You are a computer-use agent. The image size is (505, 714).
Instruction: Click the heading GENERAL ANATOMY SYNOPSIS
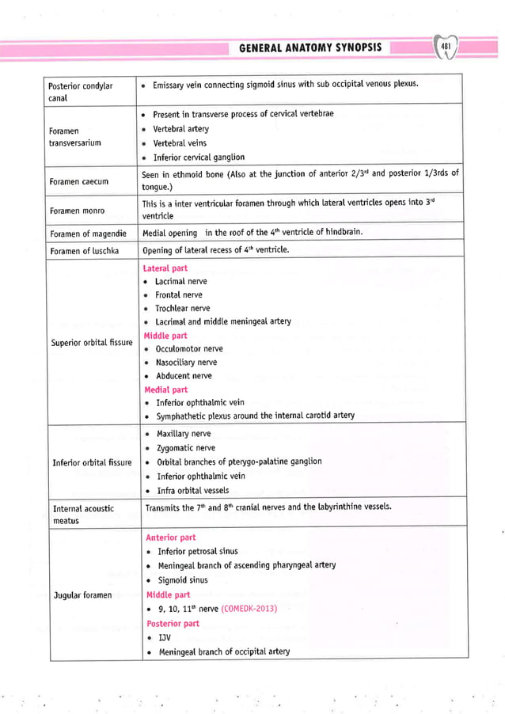click(x=310, y=47)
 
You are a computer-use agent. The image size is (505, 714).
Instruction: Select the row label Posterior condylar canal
click(x=81, y=92)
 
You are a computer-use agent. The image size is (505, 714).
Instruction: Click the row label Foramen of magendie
click(x=89, y=234)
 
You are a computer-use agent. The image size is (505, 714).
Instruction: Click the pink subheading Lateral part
click(x=166, y=268)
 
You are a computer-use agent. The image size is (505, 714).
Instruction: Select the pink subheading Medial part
click(x=165, y=389)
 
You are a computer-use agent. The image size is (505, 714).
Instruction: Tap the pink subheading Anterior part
click(x=170, y=537)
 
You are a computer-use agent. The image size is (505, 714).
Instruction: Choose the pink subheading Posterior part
click(x=173, y=623)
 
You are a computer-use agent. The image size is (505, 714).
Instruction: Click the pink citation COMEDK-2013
click(x=245, y=609)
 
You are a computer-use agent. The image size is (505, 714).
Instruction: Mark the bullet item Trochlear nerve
click(x=182, y=308)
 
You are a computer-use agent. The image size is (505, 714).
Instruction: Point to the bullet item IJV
click(x=165, y=637)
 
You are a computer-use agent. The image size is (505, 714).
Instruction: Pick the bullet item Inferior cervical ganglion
click(x=198, y=157)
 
